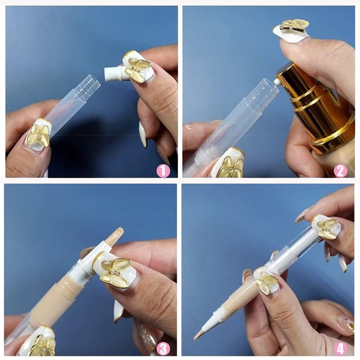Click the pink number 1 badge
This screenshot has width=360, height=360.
click(163, 171)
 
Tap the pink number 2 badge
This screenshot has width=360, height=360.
click(340, 171)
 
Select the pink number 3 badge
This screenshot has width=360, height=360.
click(163, 349)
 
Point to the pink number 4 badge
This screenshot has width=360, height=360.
click(340, 349)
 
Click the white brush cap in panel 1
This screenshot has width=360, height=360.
click(114, 73)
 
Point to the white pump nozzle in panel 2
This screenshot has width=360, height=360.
click(277, 81)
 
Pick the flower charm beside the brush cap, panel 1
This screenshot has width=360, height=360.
click(137, 68)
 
